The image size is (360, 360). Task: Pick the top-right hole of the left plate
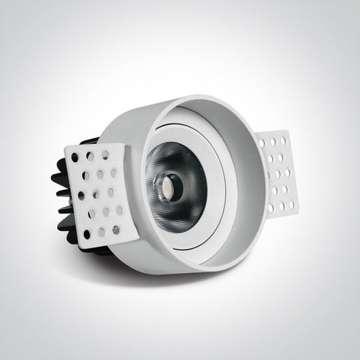pyautogui.click(x=105, y=154)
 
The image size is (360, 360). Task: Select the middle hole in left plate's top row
pyautogui.click(x=91, y=158)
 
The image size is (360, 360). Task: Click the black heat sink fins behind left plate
pyautogui.click(x=56, y=202)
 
